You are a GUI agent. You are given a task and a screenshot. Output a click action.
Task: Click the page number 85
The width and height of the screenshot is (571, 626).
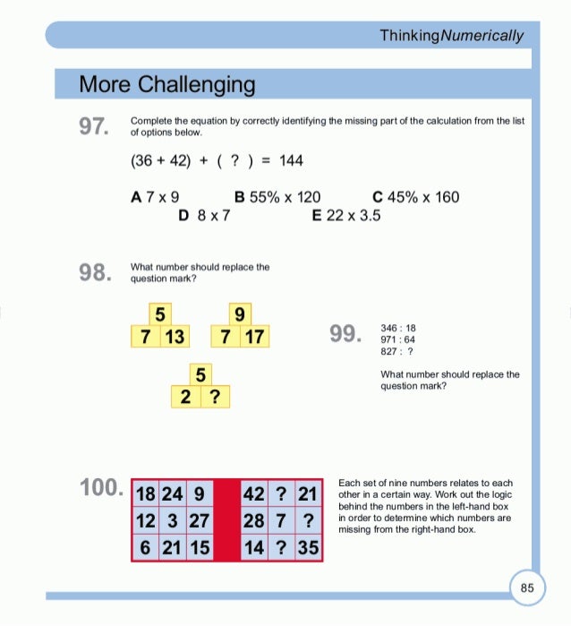pos(527,587)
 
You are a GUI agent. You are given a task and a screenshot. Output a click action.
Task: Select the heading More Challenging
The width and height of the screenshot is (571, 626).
pos(166,85)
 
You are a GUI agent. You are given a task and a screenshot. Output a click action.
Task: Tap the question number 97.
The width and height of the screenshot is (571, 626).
pos(93,126)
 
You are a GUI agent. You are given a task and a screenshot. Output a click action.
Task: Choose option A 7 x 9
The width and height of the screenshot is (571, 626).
pos(155,197)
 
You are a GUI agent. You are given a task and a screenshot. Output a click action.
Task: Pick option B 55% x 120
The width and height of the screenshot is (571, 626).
pos(277,197)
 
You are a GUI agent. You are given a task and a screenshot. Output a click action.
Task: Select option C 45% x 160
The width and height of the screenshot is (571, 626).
pos(414,197)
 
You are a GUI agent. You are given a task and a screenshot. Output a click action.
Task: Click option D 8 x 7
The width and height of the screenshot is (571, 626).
pos(204,215)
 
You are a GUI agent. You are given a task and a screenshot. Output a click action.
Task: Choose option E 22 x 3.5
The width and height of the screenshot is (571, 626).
pos(346,215)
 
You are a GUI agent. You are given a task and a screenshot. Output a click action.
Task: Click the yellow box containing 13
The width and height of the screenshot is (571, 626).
pos(174,337)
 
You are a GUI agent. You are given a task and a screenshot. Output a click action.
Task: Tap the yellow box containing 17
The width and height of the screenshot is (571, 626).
pos(254,337)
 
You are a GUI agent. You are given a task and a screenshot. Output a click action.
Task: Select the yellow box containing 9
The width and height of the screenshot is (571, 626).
pos(239,314)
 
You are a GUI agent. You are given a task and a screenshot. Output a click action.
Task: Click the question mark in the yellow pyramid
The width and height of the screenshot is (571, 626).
pos(215,396)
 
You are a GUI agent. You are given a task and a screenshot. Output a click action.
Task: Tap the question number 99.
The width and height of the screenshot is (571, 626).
pos(345,334)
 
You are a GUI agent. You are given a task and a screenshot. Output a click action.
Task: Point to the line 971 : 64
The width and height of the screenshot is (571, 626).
pos(397,340)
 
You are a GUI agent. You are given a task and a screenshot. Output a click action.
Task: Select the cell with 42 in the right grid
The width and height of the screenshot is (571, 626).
pos(253,494)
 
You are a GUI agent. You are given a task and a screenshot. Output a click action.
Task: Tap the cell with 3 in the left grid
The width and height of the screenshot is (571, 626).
pos(172,520)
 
